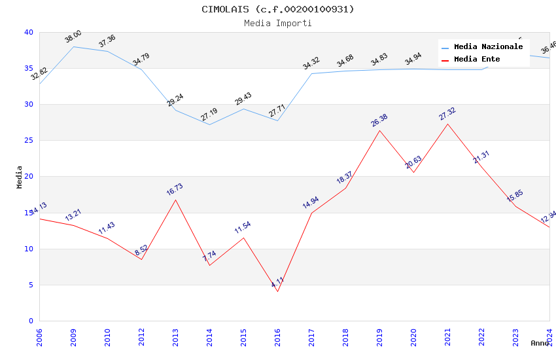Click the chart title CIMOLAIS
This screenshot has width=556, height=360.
coord(277,9)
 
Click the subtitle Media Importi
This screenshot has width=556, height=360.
coord(277,23)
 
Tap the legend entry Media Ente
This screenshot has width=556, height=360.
coord(477,59)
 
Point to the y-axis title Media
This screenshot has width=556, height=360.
coord(20,177)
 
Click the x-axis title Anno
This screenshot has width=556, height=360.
coord(540,343)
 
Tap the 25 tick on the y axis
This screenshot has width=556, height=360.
coord(29,141)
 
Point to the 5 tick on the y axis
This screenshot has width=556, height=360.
coord(31,285)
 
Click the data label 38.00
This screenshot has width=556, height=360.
coord(73,37)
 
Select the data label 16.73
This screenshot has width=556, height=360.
coord(175,190)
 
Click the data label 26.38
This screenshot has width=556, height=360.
coord(379,120)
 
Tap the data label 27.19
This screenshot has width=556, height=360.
coord(209,115)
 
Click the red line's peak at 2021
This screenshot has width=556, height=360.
coord(447,124)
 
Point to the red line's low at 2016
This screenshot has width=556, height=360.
coord(277,291)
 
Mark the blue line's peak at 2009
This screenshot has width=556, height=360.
coord(73,46)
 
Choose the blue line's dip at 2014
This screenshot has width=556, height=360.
coord(209,124)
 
